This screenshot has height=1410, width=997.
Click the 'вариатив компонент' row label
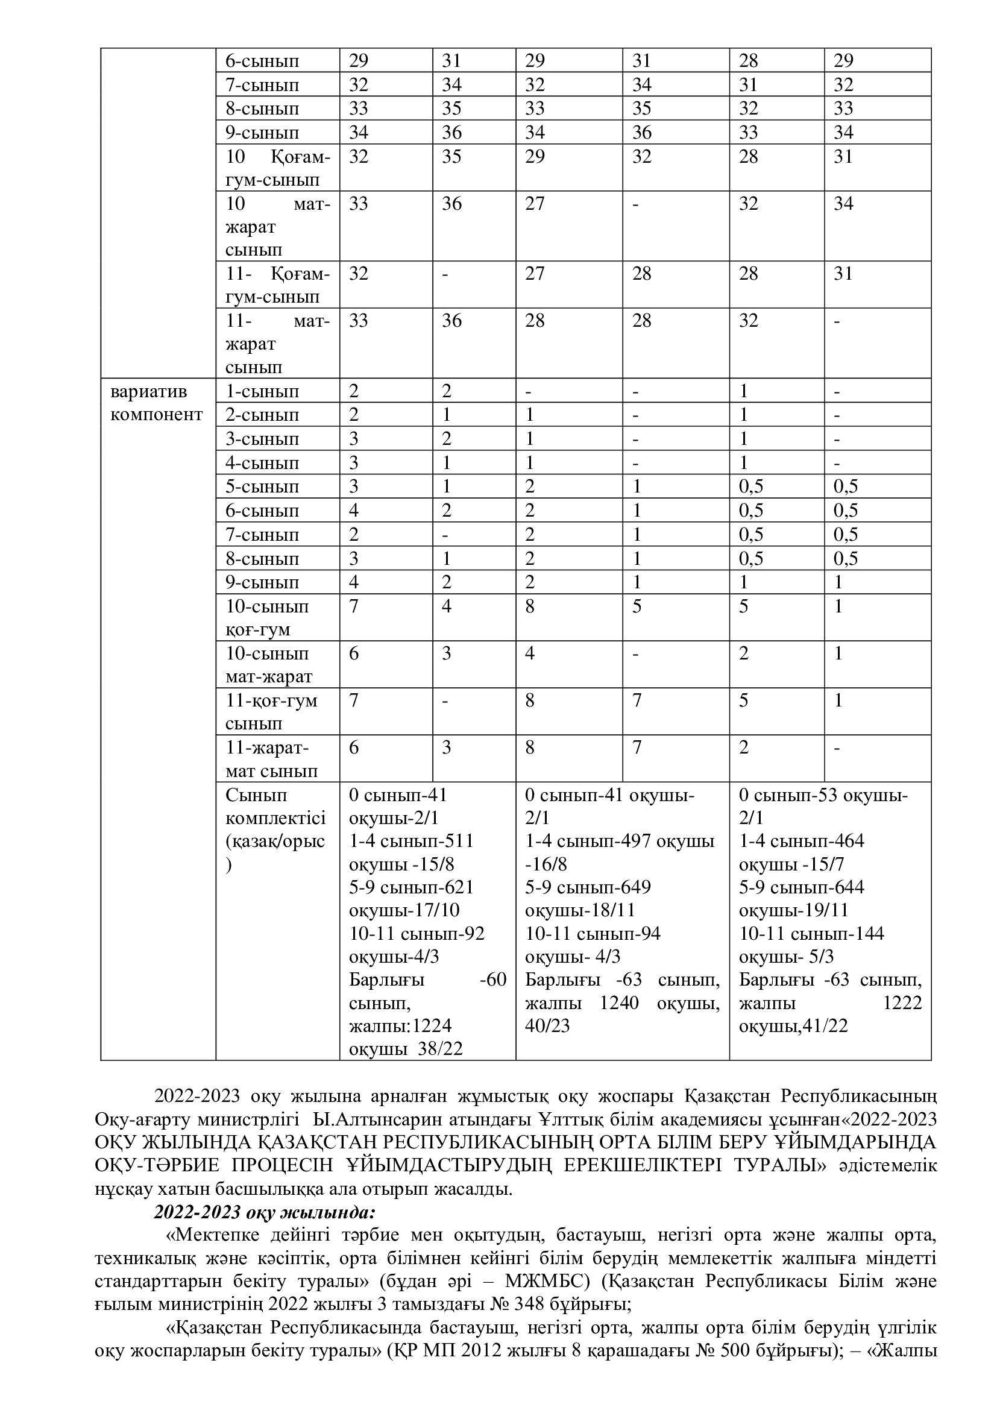pos(156,403)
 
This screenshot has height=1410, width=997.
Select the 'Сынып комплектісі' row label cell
pos(275,829)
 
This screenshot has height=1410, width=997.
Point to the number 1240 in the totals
pos(619,1003)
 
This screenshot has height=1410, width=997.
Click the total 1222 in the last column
pos(902,1003)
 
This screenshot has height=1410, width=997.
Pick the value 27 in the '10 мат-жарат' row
pos(535,204)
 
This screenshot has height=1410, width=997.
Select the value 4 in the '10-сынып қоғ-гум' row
pos(446,607)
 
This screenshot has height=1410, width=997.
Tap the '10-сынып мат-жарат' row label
pos(269,665)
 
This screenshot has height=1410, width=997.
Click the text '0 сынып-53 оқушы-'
pos(823,795)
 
